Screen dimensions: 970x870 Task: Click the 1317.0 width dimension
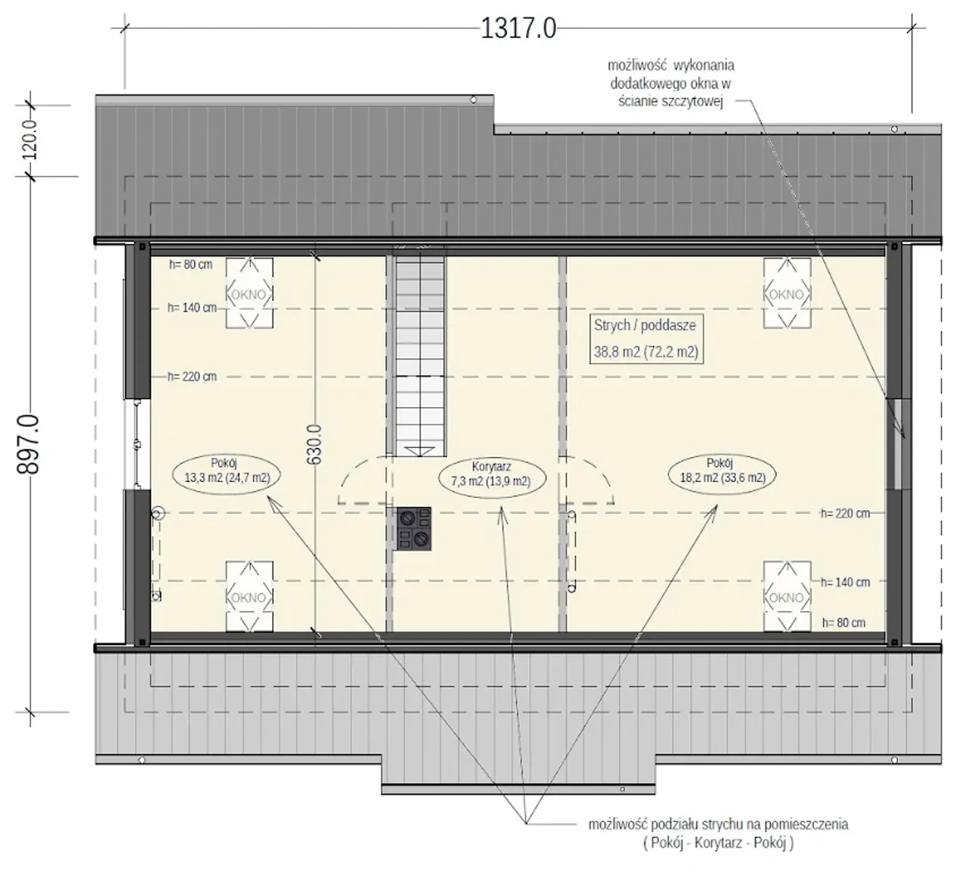(518, 28)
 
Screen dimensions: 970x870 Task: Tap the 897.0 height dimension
(28, 444)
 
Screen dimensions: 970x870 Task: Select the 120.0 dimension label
(30, 139)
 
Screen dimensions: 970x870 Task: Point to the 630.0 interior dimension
(314, 444)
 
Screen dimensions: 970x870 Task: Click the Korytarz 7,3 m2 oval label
(492, 474)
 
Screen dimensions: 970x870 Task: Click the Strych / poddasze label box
(646, 339)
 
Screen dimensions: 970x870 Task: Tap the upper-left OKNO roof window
(249, 293)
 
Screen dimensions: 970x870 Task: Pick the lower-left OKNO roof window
(249, 596)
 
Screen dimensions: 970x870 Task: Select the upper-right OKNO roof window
(787, 293)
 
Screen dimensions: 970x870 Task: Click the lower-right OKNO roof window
(787, 596)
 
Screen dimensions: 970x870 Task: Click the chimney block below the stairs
(414, 529)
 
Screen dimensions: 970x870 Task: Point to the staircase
(420, 355)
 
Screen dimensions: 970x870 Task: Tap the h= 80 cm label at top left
(190, 264)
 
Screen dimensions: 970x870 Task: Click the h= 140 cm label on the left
(192, 308)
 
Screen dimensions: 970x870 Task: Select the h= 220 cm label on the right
(846, 513)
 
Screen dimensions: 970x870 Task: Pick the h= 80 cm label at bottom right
(844, 622)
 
